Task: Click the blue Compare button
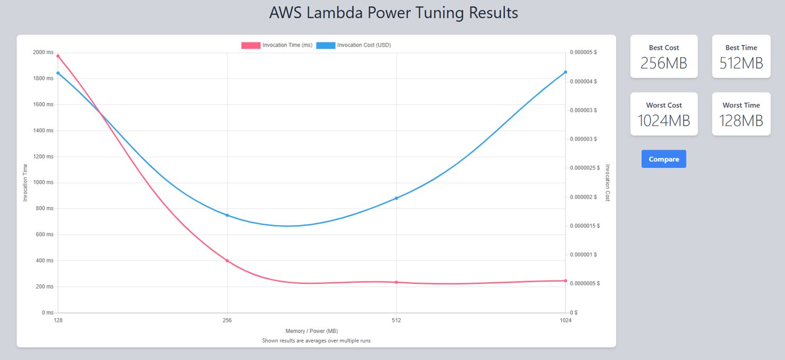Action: tap(663, 159)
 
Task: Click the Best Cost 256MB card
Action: tap(663, 57)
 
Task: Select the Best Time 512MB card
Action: tap(741, 57)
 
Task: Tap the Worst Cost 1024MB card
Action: tap(663, 114)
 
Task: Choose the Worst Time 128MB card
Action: tap(741, 114)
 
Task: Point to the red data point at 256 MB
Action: tap(227, 260)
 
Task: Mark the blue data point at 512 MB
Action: tap(396, 198)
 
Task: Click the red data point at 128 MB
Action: tap(58, 56)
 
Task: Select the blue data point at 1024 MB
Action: tap(565, 72)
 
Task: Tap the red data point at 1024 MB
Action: tap(565, 281)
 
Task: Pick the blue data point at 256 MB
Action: tap(227, 215)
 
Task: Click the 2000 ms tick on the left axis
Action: tap(43, 52)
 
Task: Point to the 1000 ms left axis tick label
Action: tap(43, 182)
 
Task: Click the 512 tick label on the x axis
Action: tap(396, 320)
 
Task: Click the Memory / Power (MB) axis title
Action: tap(312, 331)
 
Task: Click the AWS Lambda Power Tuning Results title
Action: tap(393, 13)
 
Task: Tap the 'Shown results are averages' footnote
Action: tap(316, 340)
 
